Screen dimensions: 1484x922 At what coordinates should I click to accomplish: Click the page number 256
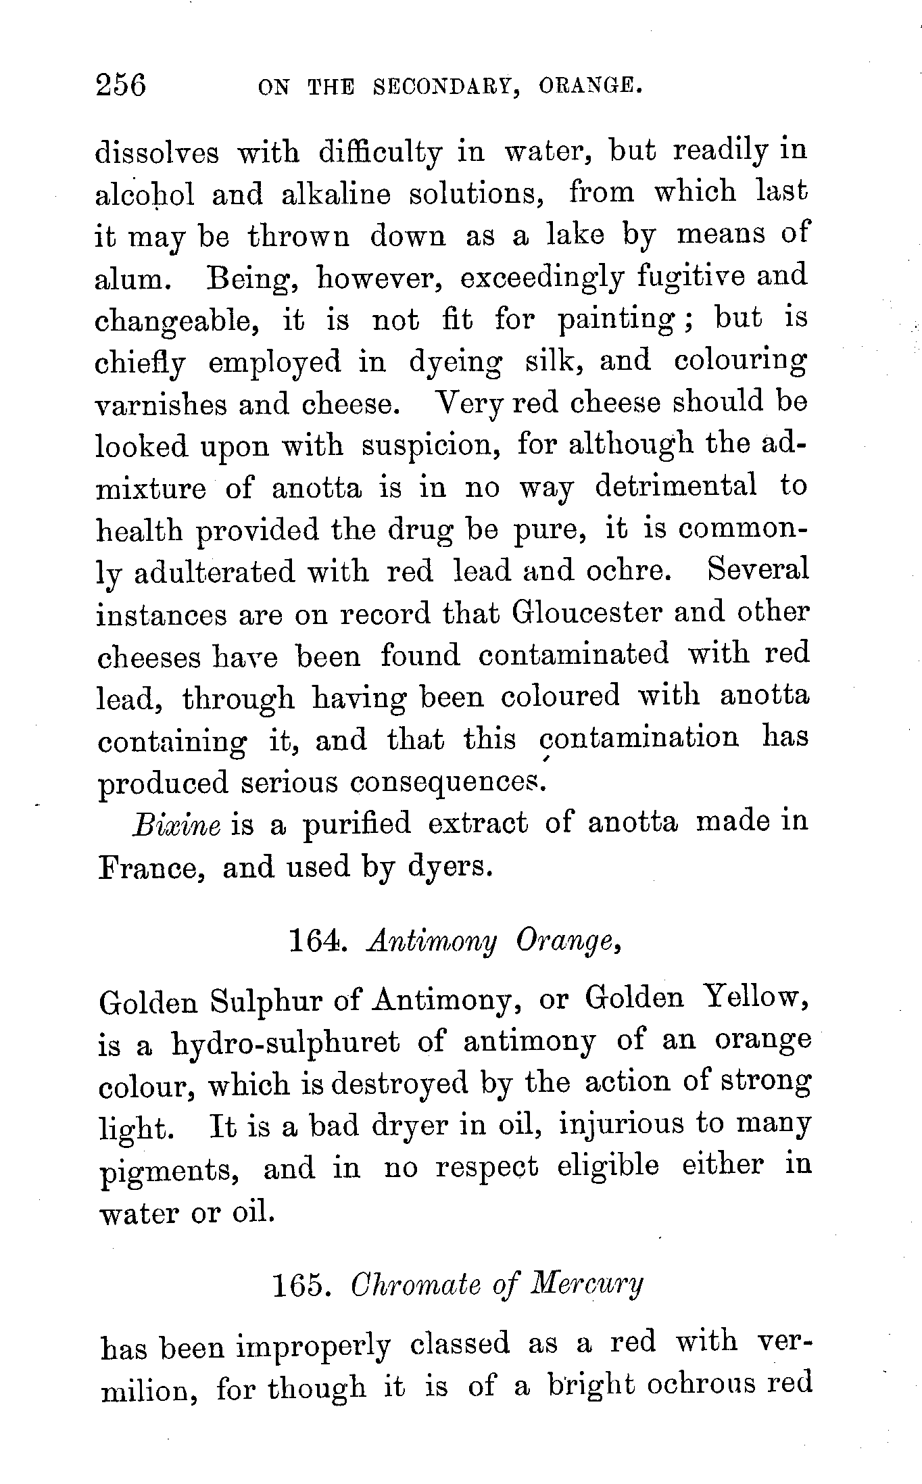(122, 87)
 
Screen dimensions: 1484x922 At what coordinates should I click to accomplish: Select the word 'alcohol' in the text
(145, 195)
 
